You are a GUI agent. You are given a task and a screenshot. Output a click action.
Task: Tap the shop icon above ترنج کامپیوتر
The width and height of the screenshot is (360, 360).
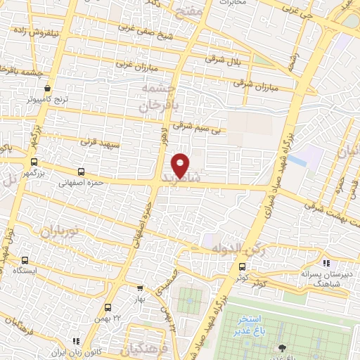(47, 89)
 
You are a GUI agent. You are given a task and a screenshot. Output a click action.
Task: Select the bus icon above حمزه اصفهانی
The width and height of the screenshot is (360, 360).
(82, 171)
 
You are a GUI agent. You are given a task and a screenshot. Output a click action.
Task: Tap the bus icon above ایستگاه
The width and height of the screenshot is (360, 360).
(26, 259)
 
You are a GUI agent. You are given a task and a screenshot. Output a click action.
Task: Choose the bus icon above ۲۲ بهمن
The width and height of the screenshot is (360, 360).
(108, 307)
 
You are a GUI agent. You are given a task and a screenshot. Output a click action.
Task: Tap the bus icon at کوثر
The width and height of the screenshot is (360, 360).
(243, 266)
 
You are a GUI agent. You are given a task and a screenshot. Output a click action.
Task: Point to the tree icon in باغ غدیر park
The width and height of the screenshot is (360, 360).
(282, 347)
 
